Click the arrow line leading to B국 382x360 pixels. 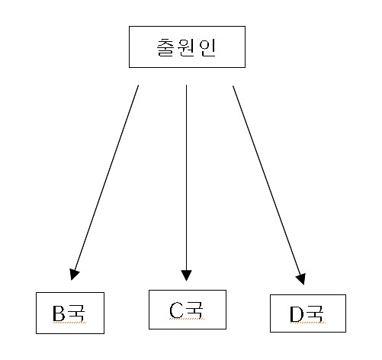tap(105, 182)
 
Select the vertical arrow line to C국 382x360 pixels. tap(186, 182)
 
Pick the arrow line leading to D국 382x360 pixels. tap(269, 185)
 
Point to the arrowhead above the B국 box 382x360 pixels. tap(74, 275)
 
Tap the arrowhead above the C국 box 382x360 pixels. tap(186, 275)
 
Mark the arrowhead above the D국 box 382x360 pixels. tap(301, 279)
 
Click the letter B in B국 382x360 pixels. tap(59, 313)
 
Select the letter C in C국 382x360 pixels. tap(176, 310)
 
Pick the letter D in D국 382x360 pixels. tap(297, 313)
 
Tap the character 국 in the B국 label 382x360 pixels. tap(75, 313)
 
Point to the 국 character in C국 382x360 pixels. tap(194, 310)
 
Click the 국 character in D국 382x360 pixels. tap(314, 313)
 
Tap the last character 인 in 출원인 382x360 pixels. tap(207, 47)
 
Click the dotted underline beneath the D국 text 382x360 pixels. tap(308, 323)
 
